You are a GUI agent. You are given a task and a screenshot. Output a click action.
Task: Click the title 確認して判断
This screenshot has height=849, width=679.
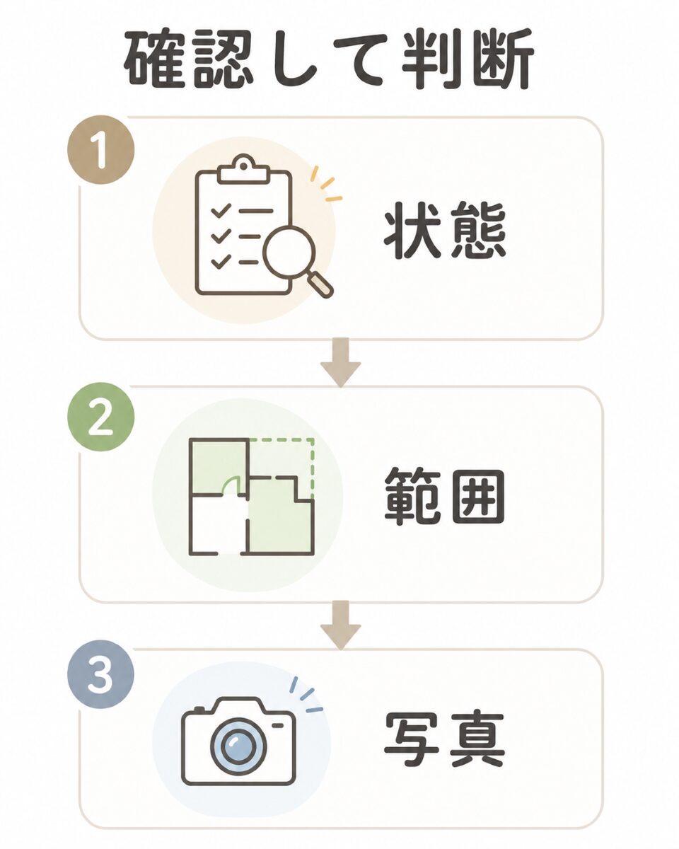pos(330,61)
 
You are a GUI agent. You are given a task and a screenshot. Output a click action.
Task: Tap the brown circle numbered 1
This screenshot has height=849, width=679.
pos(101,149)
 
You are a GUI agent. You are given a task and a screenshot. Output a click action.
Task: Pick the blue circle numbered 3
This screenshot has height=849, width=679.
pos(100,686)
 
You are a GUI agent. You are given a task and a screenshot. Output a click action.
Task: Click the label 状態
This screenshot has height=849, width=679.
pos(445,231)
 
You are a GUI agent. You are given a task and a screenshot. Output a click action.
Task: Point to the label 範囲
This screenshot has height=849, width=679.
pos(445,497)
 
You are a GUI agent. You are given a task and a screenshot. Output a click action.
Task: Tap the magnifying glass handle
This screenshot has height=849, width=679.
pos(321,284)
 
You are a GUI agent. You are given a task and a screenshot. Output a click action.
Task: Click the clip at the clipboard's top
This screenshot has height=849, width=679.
pos(244,170)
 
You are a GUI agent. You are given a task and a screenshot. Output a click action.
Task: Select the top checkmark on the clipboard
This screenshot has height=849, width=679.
pos(221,211)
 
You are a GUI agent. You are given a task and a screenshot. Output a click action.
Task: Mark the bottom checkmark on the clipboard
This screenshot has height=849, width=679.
pos(221,262)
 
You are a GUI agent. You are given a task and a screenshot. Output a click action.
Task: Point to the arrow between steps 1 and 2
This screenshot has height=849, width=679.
pos(340,362)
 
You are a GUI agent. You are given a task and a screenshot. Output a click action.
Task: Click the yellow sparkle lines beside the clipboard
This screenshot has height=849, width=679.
pos(325,185)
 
